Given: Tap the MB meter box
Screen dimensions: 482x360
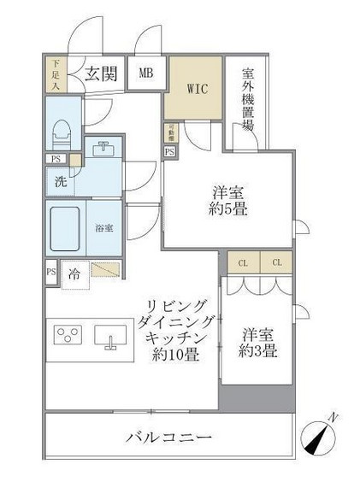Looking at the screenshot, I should pyautogui.click(x=145, y=73).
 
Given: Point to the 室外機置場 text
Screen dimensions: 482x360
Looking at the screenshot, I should pyautogui.click(x=247, y=99).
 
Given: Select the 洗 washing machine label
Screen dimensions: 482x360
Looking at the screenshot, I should pyautogui.click(x=60, y=181).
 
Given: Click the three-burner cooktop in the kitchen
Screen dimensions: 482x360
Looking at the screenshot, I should pyautogui.click(x=67, y=333).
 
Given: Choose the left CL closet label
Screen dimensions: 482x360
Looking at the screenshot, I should pyautogui.click(x=243, y=262).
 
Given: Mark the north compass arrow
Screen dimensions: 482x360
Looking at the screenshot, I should pyautogui.click(x=324, y=439).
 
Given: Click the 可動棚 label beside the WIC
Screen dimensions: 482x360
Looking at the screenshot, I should pyautogui.click(x=170, y=132).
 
